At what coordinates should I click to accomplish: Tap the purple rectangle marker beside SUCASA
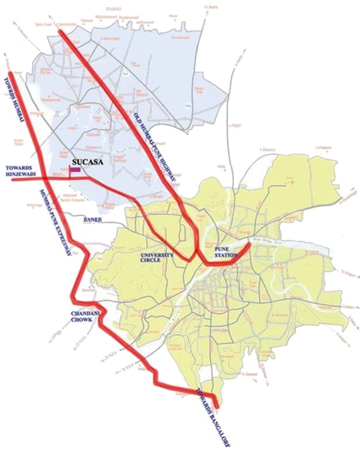(x=75, y=169)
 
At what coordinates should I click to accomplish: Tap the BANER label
(x=87, y=221)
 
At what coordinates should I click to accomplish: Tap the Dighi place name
(x=236, y=125)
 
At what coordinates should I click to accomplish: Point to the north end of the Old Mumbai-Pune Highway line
(x=61, y=32)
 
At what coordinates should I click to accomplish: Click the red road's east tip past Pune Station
(x=250, y=244)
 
